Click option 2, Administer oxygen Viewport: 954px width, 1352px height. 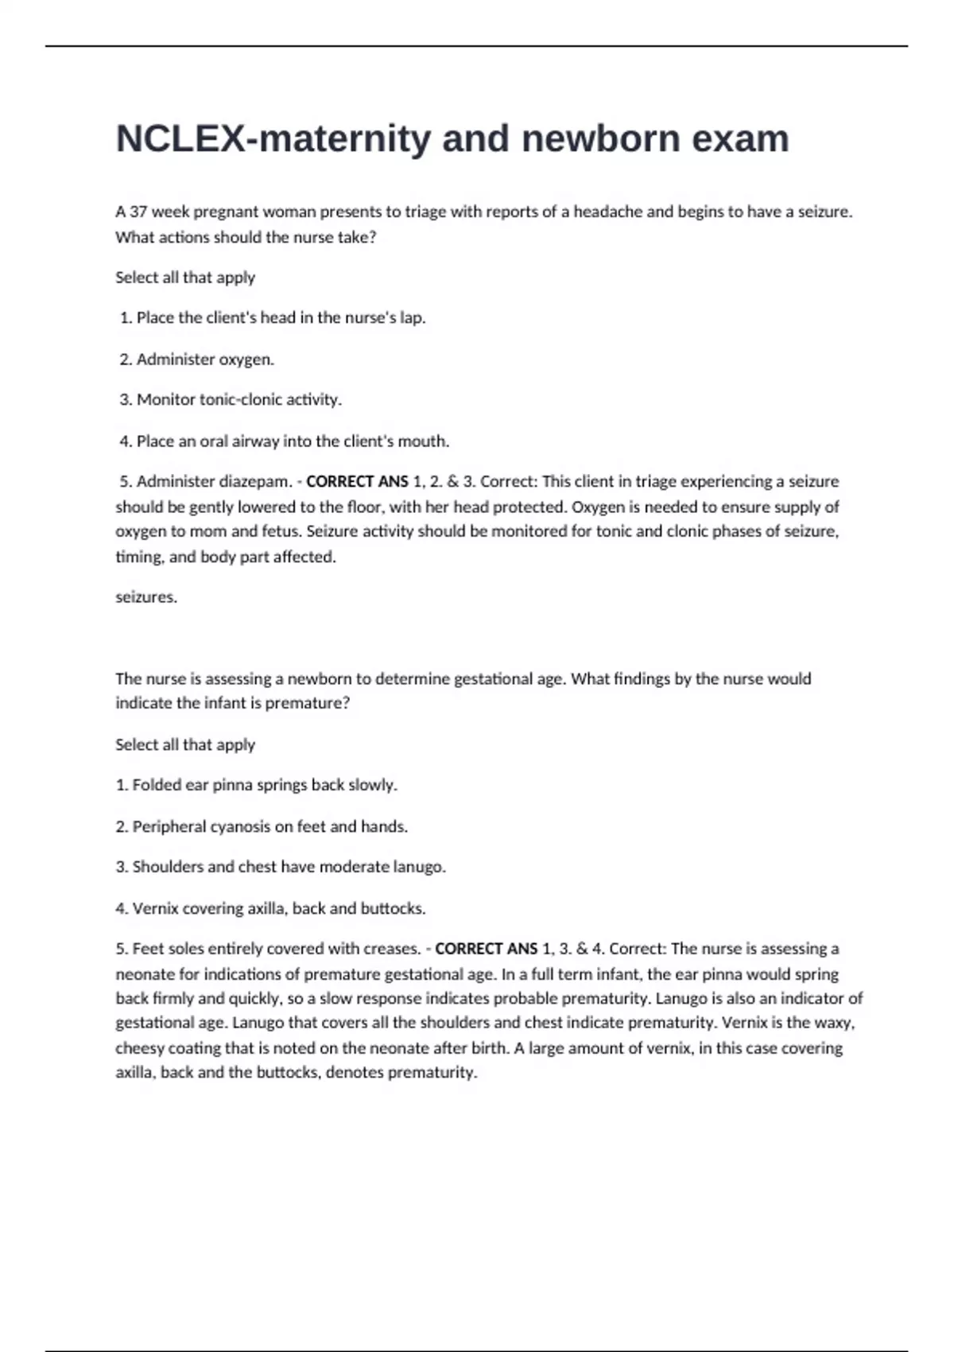click(x=204, y=359)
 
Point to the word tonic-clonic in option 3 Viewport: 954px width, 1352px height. click(x=237, y=400)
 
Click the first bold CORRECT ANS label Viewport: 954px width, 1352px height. click(x=357, y=482)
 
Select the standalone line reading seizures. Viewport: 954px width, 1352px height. click(x=146, y=597)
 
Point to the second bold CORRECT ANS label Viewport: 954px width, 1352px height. click(x=486, y=950)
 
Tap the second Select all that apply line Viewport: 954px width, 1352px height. click(x=185, y=745)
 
